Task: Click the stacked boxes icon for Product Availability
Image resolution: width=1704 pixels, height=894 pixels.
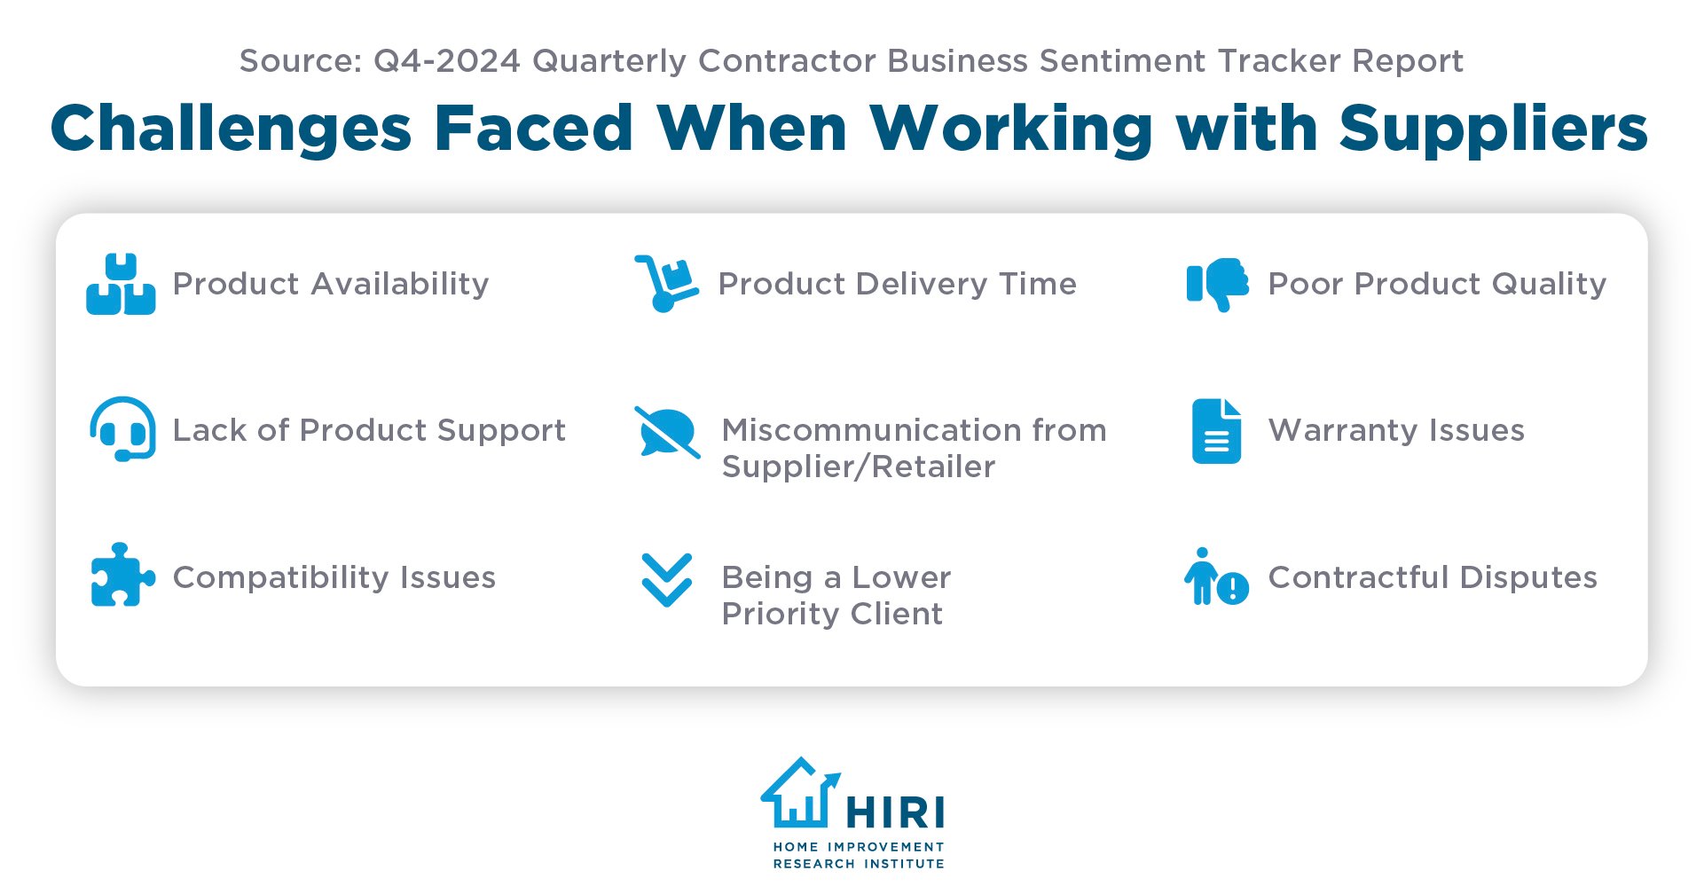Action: pyautogui.click(x=121, y=285)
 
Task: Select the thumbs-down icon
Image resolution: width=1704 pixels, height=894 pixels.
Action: pyautogui.click(x=1218, y=284)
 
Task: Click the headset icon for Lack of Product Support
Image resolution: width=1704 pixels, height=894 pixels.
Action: pyautogui.click(x=122, y=429)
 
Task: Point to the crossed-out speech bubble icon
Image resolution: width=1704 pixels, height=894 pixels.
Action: pyautogui.click(x=667, y=432)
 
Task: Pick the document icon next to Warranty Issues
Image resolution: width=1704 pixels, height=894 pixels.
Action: pyautogui.click(x=1216, y=432)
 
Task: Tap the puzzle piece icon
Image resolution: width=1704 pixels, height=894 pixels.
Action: pyautogui.click(x=122, y=576)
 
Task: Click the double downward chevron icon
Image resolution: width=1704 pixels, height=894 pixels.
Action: pyautogui.click(x=666, y=580)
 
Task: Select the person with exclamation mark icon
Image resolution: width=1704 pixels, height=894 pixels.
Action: pyautogui.click(x=1216, y=577)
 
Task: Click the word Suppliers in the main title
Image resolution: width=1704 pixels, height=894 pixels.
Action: pyautogui.click(x=1493, y=129)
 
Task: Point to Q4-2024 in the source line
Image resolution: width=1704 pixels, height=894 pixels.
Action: pyautogui.click(x=446, y=61)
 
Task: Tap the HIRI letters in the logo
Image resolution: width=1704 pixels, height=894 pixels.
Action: pyautogui.click(x=895, y=812)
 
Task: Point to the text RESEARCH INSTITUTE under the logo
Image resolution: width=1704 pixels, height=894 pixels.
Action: pyautogui.click(x=858, y=864)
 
